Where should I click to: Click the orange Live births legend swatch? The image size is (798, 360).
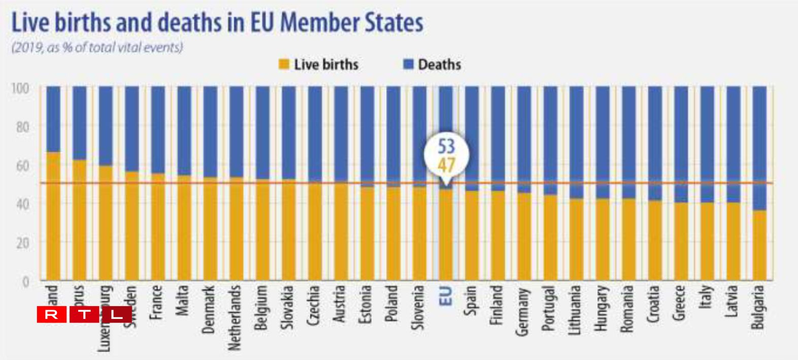pyautogui.click(x=284, y=64)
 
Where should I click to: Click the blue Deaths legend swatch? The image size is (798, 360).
pyautogui.click(x=408, y=64)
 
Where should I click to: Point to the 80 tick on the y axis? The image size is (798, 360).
pyautogui.click(x=22, y=126)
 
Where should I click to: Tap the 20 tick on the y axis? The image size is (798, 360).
pyautogui.click(x=22, y=243)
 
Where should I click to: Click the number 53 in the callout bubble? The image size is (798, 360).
pyautogui.click(x=446, y=146)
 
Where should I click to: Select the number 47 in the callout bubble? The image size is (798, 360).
pyautogui.click(x=446, y=165)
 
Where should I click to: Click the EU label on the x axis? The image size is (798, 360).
pyautogui.click(x=445, y=296)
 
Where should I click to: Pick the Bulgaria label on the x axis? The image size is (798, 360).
pyautogui.click(x=758, y=307)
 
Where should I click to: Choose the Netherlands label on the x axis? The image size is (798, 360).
pyautogui.click(x=235, y=318)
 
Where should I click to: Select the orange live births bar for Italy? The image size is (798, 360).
pyautogui.click(x=707, y=241)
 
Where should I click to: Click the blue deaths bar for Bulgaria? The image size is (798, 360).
pyautogui.click(x=759, y=147)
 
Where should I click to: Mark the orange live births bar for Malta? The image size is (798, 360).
pyautogui.click(x=184, y=228)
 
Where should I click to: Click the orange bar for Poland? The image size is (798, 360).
pyautogui.click(x=393, y=234)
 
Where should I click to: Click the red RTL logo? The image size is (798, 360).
pyautogui.click(x=84, y=315)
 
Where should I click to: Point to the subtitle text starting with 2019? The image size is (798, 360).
pyautogui.click(x=97, y=48)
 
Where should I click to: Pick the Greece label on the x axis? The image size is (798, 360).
pyautogui.click(x=680, y=303)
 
